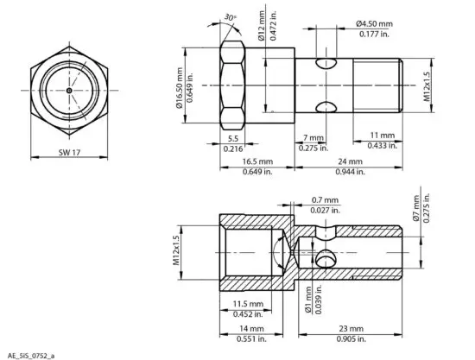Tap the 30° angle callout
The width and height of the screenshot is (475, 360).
click(x=229, y=17)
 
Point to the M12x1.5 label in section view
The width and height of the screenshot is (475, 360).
click(x=177, y=249)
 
